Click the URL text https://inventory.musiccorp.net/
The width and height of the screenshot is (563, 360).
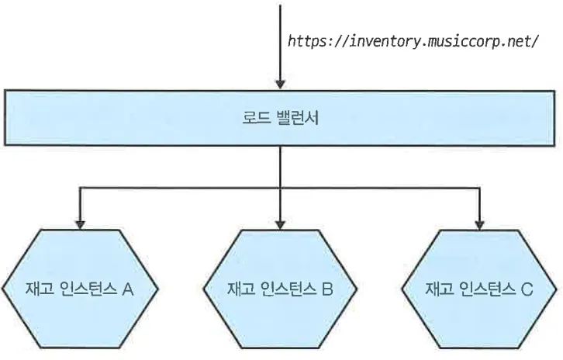(413, 41)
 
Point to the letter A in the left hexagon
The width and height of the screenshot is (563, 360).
(129, 291)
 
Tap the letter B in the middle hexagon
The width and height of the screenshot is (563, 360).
(327, 291)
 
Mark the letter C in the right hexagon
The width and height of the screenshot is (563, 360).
(527, 291)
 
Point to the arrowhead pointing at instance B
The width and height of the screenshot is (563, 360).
(280, 223)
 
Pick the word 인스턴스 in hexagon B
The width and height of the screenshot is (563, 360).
(283, 291)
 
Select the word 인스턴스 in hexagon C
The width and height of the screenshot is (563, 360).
(482, 291)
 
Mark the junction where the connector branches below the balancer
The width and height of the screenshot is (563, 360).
(280, 187)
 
